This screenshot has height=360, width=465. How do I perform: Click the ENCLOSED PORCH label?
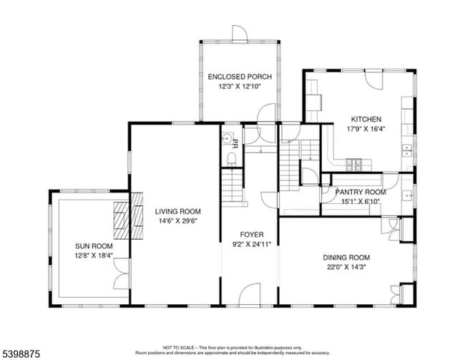tap(239, 76)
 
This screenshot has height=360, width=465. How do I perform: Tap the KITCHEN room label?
tap(366, 120)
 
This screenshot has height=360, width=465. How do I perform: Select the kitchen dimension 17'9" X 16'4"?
tap(366, 130)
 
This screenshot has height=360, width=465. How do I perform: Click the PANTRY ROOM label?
tap(361, 192)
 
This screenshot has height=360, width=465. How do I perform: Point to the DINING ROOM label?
tap(346, 258)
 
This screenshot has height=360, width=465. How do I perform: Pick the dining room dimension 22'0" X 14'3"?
tap(346, 268)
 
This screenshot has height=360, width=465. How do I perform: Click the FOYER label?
tap(251, 234)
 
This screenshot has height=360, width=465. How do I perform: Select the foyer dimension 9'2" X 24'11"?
tap(251, 244)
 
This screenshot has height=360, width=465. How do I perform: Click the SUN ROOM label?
tap(94, 245)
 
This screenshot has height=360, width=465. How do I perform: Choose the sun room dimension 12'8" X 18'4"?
tap(94, 255)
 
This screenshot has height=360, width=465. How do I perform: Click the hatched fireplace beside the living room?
tap(122, 220)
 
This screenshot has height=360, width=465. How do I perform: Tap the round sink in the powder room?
tap(227, 140)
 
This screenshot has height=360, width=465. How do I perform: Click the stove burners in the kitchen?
tap(354, 163)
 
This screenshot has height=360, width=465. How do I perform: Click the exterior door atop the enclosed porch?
tap(239, 34)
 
